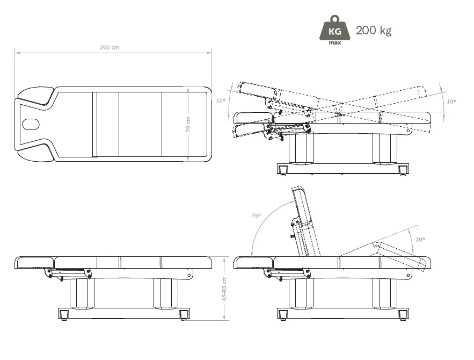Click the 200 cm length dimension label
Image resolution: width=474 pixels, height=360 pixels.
click(110, 47)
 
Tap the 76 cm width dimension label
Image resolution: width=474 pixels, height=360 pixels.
click(188, 124)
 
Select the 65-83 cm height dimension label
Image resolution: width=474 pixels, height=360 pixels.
click(224, 289)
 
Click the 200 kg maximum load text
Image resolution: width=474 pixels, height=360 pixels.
click(374, 31)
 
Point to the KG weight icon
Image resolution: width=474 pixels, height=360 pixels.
click(335, 30)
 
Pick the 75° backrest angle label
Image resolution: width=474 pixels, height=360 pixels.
click(256, 215)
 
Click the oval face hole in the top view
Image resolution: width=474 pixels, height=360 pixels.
click(31, 124)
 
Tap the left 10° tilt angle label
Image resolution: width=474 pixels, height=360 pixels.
click(221, 100)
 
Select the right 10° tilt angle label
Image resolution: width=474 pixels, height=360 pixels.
click(451, 102)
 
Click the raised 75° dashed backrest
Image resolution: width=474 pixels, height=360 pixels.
click(306, 221)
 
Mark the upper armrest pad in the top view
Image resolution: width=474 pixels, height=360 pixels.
click(35, 96)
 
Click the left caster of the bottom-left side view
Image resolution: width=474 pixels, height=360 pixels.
click(64, 315)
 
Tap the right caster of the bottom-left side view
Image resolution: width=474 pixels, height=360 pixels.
click(183, 315)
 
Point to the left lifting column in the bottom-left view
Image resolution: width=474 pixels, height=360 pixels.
click(82, 293)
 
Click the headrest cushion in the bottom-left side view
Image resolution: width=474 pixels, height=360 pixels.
click(35, 263)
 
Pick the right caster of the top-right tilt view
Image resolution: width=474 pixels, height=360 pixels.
click(403, 171)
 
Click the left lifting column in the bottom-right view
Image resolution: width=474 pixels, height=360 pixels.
click(301, 293)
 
